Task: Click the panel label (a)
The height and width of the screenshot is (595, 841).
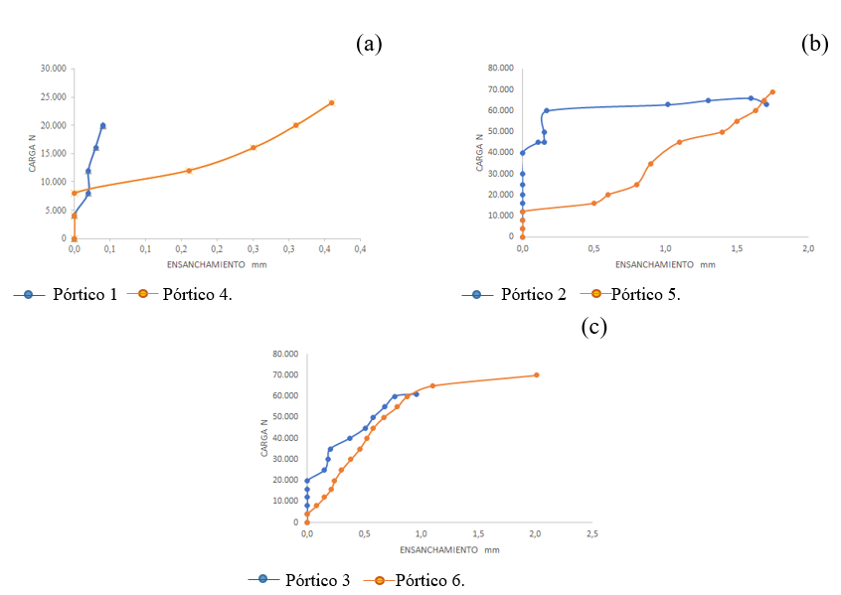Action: tap(369, 44)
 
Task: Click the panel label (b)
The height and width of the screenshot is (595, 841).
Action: tap(815, 44)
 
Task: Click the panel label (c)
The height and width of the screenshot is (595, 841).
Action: tap(593, 327)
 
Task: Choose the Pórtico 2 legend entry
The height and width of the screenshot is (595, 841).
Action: tap(534, 294)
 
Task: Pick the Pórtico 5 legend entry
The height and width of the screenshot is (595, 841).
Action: tap(646, 294)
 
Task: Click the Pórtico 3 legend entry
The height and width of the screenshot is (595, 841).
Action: tap(317, 580)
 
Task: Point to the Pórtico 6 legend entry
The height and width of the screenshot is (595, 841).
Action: tap(429, 580)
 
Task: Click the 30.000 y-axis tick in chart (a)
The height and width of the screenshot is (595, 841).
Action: tap(52, 69)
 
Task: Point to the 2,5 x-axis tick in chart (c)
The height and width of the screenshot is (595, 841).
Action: tap(591, 534)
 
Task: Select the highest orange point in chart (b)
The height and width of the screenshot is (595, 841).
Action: tap(772, 92)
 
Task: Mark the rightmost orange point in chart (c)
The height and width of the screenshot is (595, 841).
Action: tap(537, 374)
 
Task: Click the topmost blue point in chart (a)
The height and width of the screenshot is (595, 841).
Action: tap(102, 125)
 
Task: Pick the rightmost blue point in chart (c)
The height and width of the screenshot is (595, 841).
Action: tap(416, 394)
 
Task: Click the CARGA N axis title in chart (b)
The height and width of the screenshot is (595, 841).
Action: tap(479, 153)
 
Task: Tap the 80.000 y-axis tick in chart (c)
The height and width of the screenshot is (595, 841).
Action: tap(284, 354)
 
